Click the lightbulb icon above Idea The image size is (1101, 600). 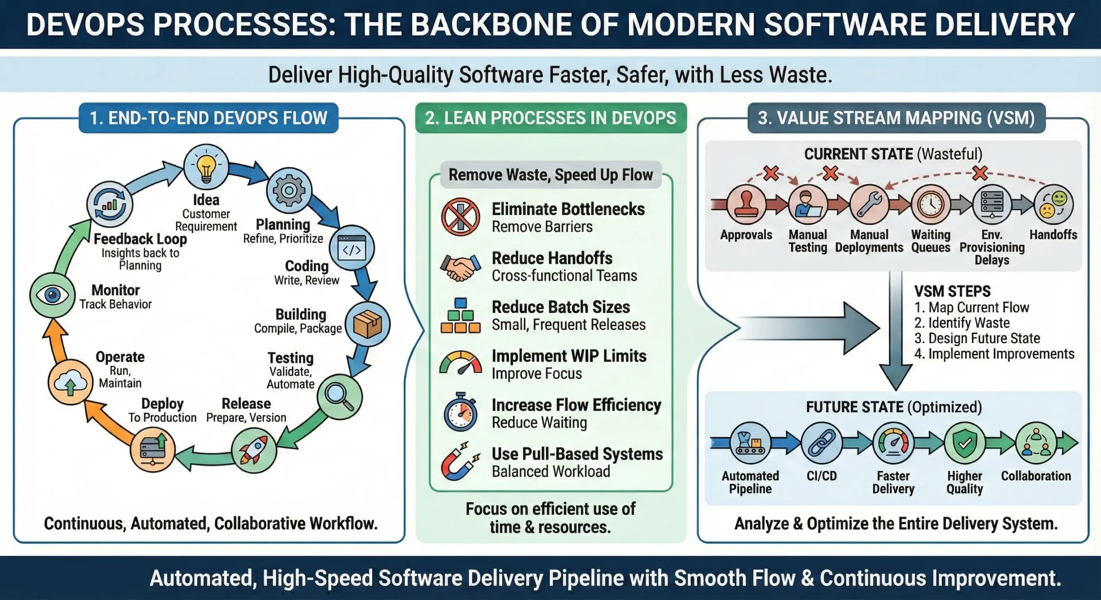pyautogui.click(x=206, y=167)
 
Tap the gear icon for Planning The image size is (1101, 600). pyautogui.click(x=289, y=190)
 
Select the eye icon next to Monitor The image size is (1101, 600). pyautogui.click(x=52, y=295)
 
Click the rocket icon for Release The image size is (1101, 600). pyautogui.click(x=254, y=450)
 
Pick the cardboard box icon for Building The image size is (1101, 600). pyautogui.click(x=367, y=324)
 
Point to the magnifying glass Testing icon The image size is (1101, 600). pyautogui.click(x=339, y=396)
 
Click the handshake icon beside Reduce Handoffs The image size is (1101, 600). pyautogui.click(x=460, y=267)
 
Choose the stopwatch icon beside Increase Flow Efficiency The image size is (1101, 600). pyautogui.click(x=460, y=413)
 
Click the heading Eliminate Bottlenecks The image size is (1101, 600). pyautogui.click(x=568, y=209)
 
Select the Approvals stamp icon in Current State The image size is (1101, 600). pyautogui.click(x=747, y=204)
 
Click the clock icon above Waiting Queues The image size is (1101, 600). pyautogui.click(x=931, y=204)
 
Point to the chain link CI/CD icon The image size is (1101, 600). pyautogui.click(x=821, y=443)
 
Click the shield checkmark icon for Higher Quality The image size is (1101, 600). pyautogui.click(x=965, y=443)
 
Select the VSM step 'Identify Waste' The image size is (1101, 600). pyautogui.click(x=962, y=323)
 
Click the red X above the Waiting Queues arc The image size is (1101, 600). pyautogui.click(x=980, y=173)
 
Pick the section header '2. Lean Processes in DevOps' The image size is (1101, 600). pyautogui.click(x=550, y=118)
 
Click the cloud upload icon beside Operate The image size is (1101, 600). pyautogui.click(x=70, y=383)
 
